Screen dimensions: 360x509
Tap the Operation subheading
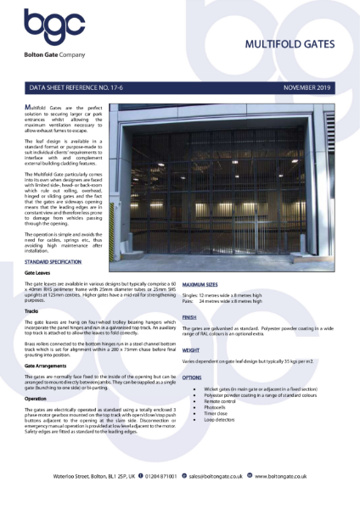click(x=36, y=397)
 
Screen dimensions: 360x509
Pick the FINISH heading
click(x=189, y=317)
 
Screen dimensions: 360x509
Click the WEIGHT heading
click(x=191, y=349)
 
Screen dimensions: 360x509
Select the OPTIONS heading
click(x=192, y=376)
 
